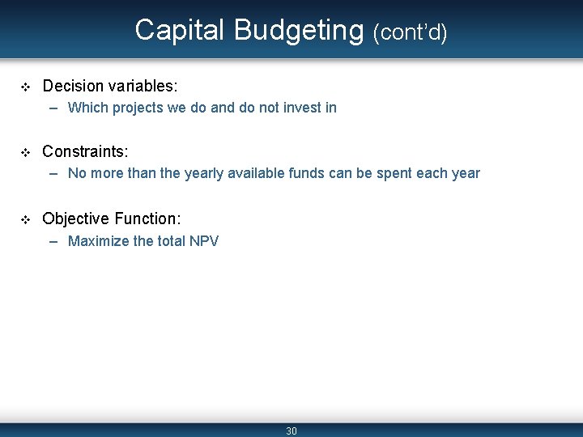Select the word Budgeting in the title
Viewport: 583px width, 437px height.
point(299,30)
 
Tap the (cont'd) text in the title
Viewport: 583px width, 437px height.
point(410,32)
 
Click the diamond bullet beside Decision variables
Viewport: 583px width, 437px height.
point(25,86)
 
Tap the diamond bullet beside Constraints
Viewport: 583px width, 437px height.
point(25,152)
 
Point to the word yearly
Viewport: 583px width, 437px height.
point(205,173)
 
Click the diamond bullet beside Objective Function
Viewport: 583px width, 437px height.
point(25,219)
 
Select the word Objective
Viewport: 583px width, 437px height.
point(75,218)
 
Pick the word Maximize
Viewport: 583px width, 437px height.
point(97,241)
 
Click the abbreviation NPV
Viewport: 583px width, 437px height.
point(202,241)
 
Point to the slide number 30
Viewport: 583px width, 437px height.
point(291,431)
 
